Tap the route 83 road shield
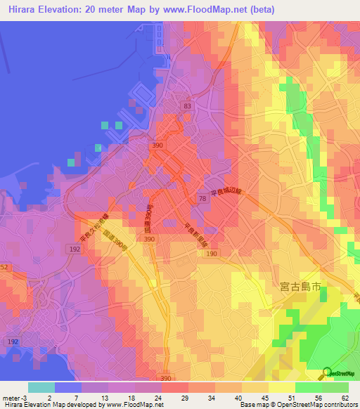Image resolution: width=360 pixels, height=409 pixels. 186,105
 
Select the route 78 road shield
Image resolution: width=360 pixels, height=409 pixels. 202,200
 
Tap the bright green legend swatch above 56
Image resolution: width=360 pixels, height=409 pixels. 308,387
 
